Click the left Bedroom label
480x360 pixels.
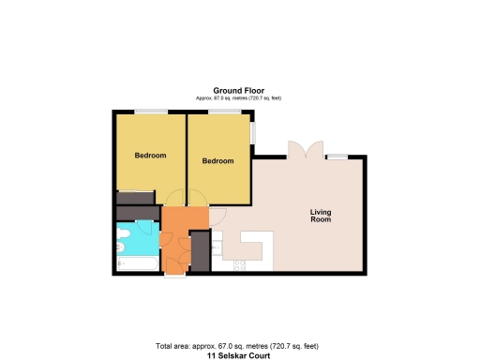[x=150, y=155]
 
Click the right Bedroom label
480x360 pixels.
[x=217, y=161]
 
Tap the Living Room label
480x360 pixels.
[x=322, y=217]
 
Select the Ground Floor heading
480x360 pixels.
[x=238, y=91]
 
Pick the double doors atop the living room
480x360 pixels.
[x=306, y=149]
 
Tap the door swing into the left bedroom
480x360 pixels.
[x=172, y=198]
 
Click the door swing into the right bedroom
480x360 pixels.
[x=197, y=198]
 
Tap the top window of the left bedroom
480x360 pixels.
[x=150, y=112]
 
